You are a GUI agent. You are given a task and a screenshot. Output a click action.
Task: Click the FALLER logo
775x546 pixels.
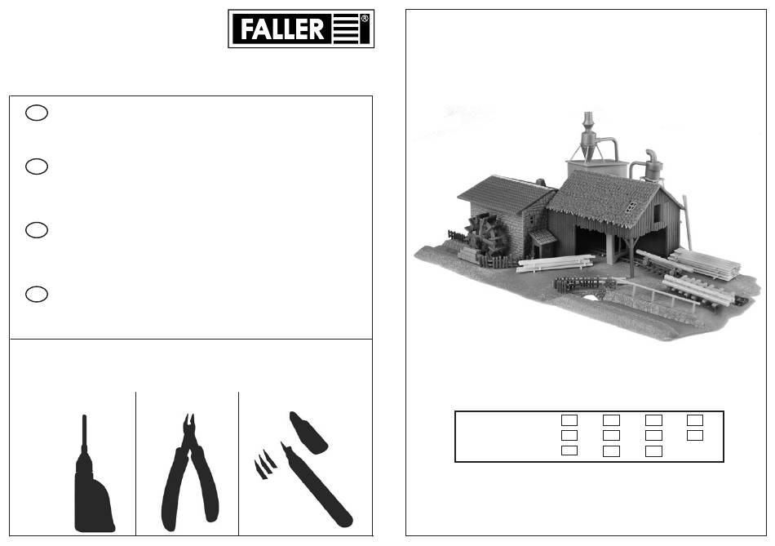click(300, 29)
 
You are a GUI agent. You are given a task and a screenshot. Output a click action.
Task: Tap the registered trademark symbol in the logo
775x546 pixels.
click(365, 18)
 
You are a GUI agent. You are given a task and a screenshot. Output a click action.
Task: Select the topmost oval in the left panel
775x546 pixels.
click(37, 113)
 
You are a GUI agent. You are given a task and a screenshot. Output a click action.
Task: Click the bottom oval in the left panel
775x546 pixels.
click(37, 294)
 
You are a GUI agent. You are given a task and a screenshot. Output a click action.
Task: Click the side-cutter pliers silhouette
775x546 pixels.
click(189, 475)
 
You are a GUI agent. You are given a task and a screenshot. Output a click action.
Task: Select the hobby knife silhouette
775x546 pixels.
click(316, 485)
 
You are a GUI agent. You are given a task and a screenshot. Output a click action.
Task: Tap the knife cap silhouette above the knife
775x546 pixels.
click(308, 433)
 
